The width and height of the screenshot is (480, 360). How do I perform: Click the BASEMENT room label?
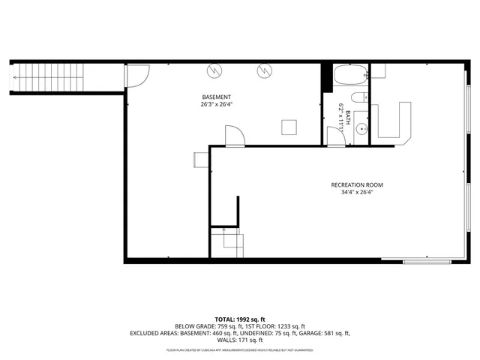pos(216,97)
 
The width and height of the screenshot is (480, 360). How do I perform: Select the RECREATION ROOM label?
pos(357,184)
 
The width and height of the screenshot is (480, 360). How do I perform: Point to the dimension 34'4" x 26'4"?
pos(357,192)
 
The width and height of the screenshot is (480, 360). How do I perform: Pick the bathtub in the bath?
pos(349,76)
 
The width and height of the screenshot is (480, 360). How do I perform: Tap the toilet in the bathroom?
pos(359,97)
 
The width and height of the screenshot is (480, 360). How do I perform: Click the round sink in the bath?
pos(360,127)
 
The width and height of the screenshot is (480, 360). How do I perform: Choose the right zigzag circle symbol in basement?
pos(264,71)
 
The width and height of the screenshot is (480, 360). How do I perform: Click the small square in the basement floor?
pos(289,127)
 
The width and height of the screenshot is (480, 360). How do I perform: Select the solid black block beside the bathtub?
pos(326,77)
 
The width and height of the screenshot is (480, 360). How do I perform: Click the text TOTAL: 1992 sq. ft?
pos(239,319)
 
